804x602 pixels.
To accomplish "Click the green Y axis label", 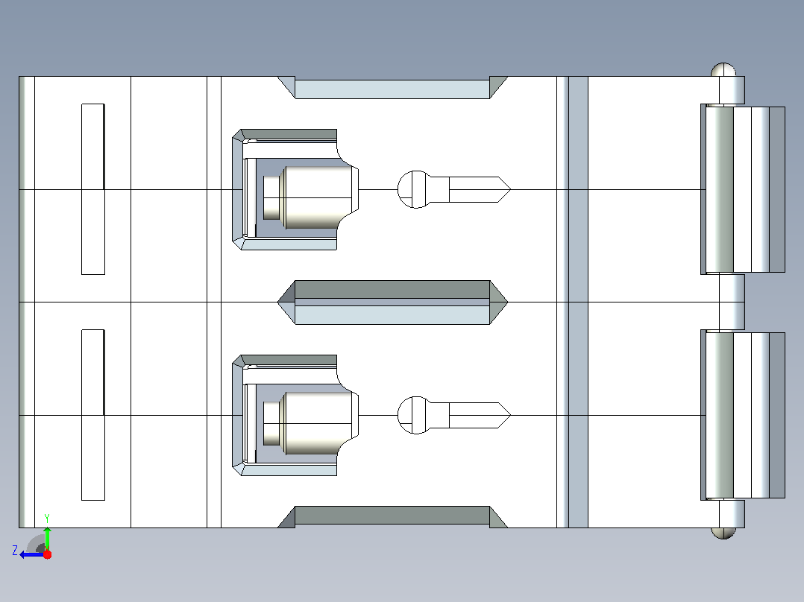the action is pyautogui.click(x=47, y=518).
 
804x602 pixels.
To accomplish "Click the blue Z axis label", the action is pyautogui.click(x=15, y=551).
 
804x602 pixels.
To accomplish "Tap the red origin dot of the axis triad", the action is pyautogui.click(x=47, y=554).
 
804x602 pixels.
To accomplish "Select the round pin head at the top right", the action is pyautogui.click(x=723, y=70).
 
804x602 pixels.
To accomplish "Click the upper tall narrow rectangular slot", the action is pyautogui.click(x=93, y=189).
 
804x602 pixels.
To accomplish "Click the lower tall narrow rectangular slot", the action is pyautogui.click(x=93, y=415).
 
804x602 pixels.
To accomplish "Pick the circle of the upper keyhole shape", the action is pyautogui.click(x=415, y=189).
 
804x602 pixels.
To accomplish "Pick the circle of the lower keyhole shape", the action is pyautogui.click(x=415, y=415).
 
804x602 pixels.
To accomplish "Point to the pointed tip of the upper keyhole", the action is pyautogui.click(x=511, y=189).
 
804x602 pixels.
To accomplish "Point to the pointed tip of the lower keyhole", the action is pyautogui.click(x=511, y=415).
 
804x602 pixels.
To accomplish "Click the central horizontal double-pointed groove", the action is pyautogui.click(x=393, y=302).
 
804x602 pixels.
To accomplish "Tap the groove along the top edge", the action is pyautogui.click(x=393, y=88).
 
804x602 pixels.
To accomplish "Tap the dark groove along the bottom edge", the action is pyautogui.click(x=393, y=517).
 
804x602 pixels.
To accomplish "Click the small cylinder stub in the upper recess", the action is pyautogui.click(x=271, y=197).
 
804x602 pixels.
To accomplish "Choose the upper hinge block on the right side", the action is pyautogui.click(x=743, y=189).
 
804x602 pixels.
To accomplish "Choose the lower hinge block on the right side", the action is pyautogui.click(x=743, y=416).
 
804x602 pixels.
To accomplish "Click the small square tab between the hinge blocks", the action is pyautogui.click(x=732, y=302).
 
